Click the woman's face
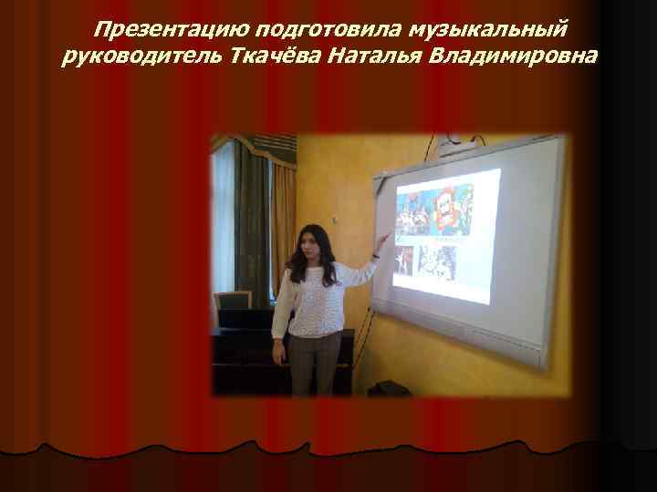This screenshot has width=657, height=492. pyautogui.click(x=307, y=243)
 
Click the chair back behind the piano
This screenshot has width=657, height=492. pyautogui.click(x=233, y=301)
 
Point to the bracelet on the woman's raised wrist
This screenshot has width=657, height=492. pyautogui.click(x=375, y=256)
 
